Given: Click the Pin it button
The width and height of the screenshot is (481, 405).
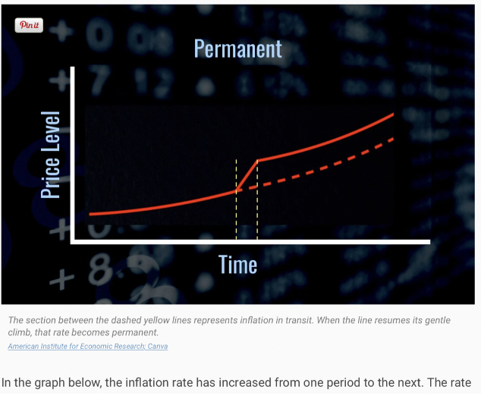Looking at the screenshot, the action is pyautogui.click(x=29, y=25).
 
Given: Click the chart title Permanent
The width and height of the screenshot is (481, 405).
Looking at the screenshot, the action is pyautogui.click(x=238, y=49).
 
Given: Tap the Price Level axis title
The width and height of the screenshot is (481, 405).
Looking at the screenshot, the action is pyautogui.click(x=50, y=155).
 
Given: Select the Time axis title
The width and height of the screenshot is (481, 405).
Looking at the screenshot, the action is pyautogui.click(x=237, y=265).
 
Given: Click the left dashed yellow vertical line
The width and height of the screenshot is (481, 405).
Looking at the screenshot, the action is pyautogui.click(x=236, y=199).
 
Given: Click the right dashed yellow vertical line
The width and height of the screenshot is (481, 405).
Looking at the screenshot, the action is pyautogui.click(x=257, y=199).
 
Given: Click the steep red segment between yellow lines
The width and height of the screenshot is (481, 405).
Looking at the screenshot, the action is pyautogui.click(x=247, y=176).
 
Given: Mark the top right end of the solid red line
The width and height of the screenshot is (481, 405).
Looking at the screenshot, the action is pyautogui.click(x=393, y=115).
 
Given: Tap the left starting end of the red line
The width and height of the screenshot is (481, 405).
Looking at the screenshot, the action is pyautogui.click(x=90, y=215).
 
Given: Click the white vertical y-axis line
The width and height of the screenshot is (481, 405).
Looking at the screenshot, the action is pyautogui.click(x=72, y=155).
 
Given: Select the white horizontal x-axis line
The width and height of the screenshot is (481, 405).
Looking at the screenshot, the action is pyautogui.click(x=250, y=242).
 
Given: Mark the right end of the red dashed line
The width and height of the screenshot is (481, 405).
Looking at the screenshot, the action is pyautogui.click(x=393, y=139).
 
